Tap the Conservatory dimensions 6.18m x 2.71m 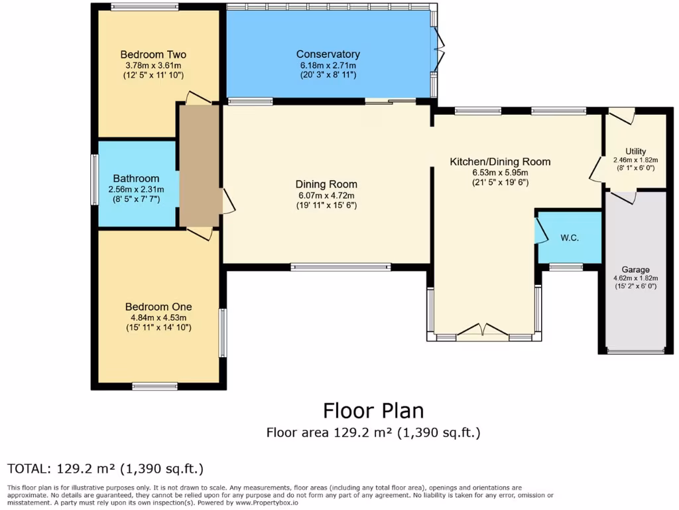coord(328,65)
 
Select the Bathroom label coord(136,178)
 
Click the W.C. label coord(570,238)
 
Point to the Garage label coord(635,270)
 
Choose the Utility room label coord(635,151)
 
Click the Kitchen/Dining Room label coord(500,161)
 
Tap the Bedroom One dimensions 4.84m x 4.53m coord(158,317)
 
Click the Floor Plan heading coord(373,410)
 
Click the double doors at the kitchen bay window coord(483,330)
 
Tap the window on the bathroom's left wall coord(95,178)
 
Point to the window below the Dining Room coord(340,267)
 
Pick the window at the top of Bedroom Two coord(144,7)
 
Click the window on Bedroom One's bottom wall coord(154,386)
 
